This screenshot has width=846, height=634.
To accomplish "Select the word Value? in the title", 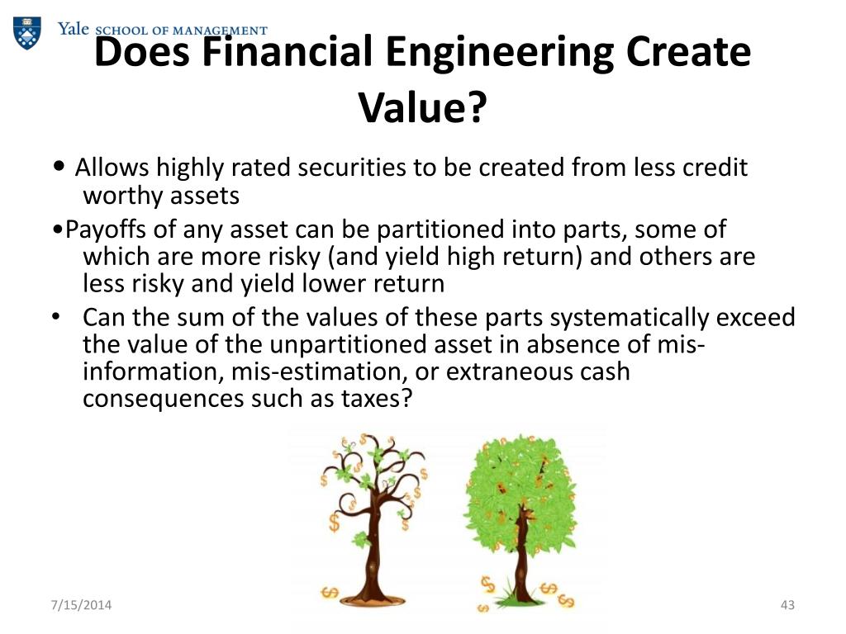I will click(421, 107).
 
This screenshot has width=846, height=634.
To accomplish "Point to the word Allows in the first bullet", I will click(112, 168).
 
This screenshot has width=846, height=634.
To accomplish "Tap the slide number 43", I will click(787, 607).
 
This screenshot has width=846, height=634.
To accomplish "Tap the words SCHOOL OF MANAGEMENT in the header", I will click(182, 31).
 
